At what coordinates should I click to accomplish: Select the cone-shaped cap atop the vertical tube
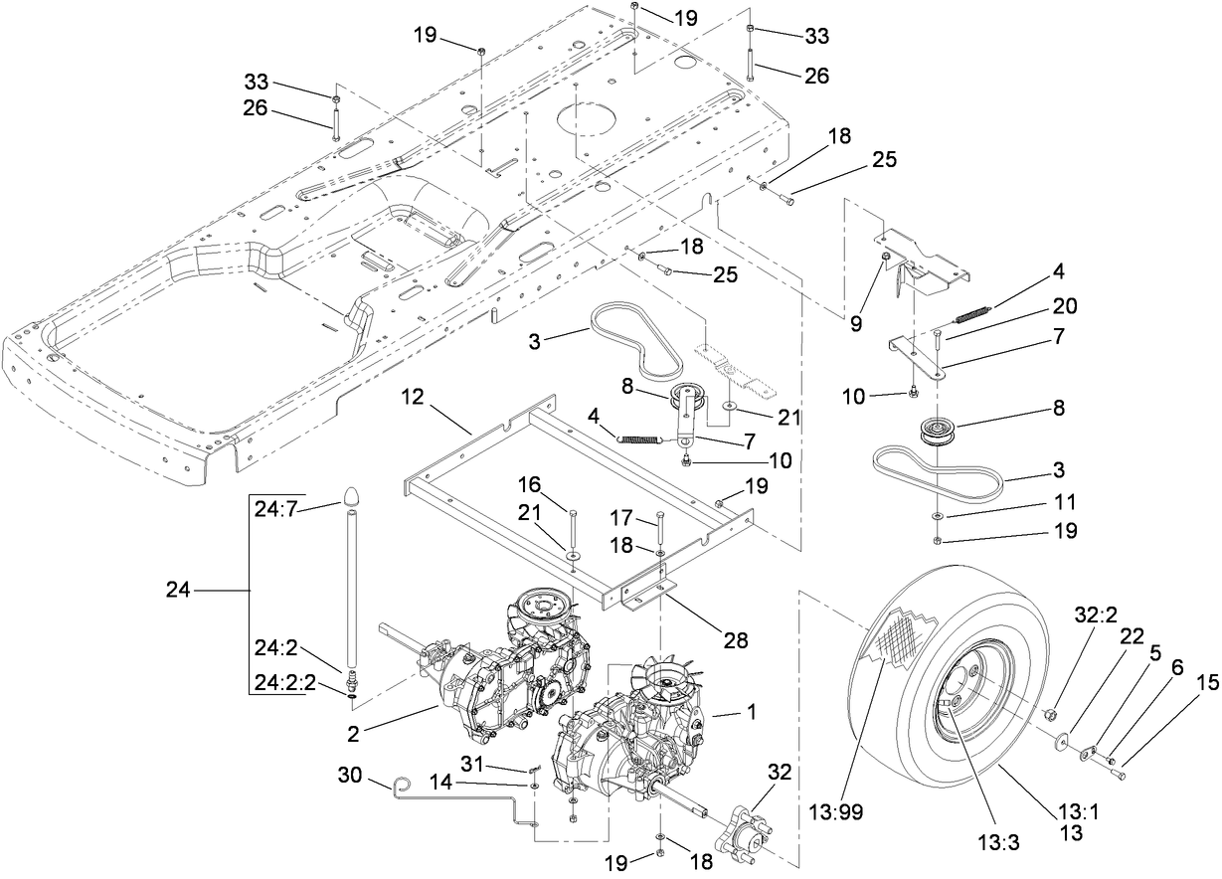tap(354, 496)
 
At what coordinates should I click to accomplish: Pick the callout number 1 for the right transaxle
tap(723, 713)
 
